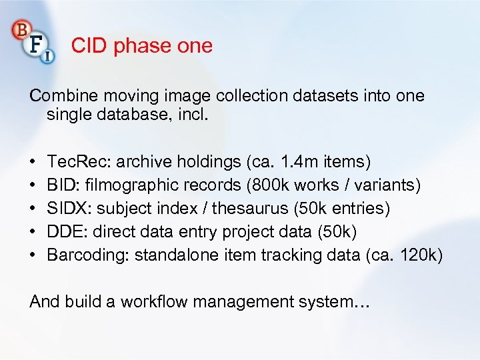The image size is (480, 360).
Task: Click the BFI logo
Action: [33, 41]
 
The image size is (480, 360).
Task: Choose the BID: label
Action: [62, 185]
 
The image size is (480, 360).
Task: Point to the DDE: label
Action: [66, 231]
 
